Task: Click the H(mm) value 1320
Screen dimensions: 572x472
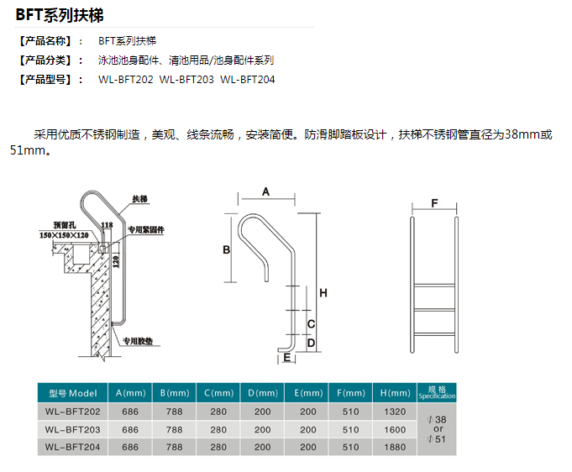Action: tap(395, 412)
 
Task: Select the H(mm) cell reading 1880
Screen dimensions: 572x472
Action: tap(395, 447)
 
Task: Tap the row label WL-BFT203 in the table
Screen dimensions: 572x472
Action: tap(72, 429)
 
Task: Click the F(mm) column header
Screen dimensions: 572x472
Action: tap(350, 393)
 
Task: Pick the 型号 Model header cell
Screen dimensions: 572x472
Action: tap(72, 393)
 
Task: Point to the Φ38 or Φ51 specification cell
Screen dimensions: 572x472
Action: tap(437, 429)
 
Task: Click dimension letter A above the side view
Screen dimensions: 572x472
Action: tap(266, 191)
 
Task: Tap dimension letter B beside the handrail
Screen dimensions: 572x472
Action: tap(227, 250)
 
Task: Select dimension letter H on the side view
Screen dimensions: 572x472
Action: tap(323, 293)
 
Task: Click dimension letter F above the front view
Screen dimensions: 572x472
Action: tap(434, 203)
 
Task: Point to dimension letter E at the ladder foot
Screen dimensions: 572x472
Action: tap(287, 358)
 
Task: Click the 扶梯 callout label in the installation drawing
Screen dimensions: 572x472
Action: tap(139, 199)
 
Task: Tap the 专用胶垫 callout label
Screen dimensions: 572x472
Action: tap(138, 341)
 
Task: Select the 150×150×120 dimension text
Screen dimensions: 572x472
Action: tap(64, 235)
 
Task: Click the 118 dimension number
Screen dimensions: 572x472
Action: tap(107, 225)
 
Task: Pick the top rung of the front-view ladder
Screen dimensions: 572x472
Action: tap(434, 286)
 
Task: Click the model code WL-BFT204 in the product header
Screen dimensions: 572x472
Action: tap(247, 80)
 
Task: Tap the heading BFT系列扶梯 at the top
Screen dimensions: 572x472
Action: tap(60, 15)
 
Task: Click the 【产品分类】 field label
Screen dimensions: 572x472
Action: tap(45, 60)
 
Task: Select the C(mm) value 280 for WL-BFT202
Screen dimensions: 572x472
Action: tap(218, 412)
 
